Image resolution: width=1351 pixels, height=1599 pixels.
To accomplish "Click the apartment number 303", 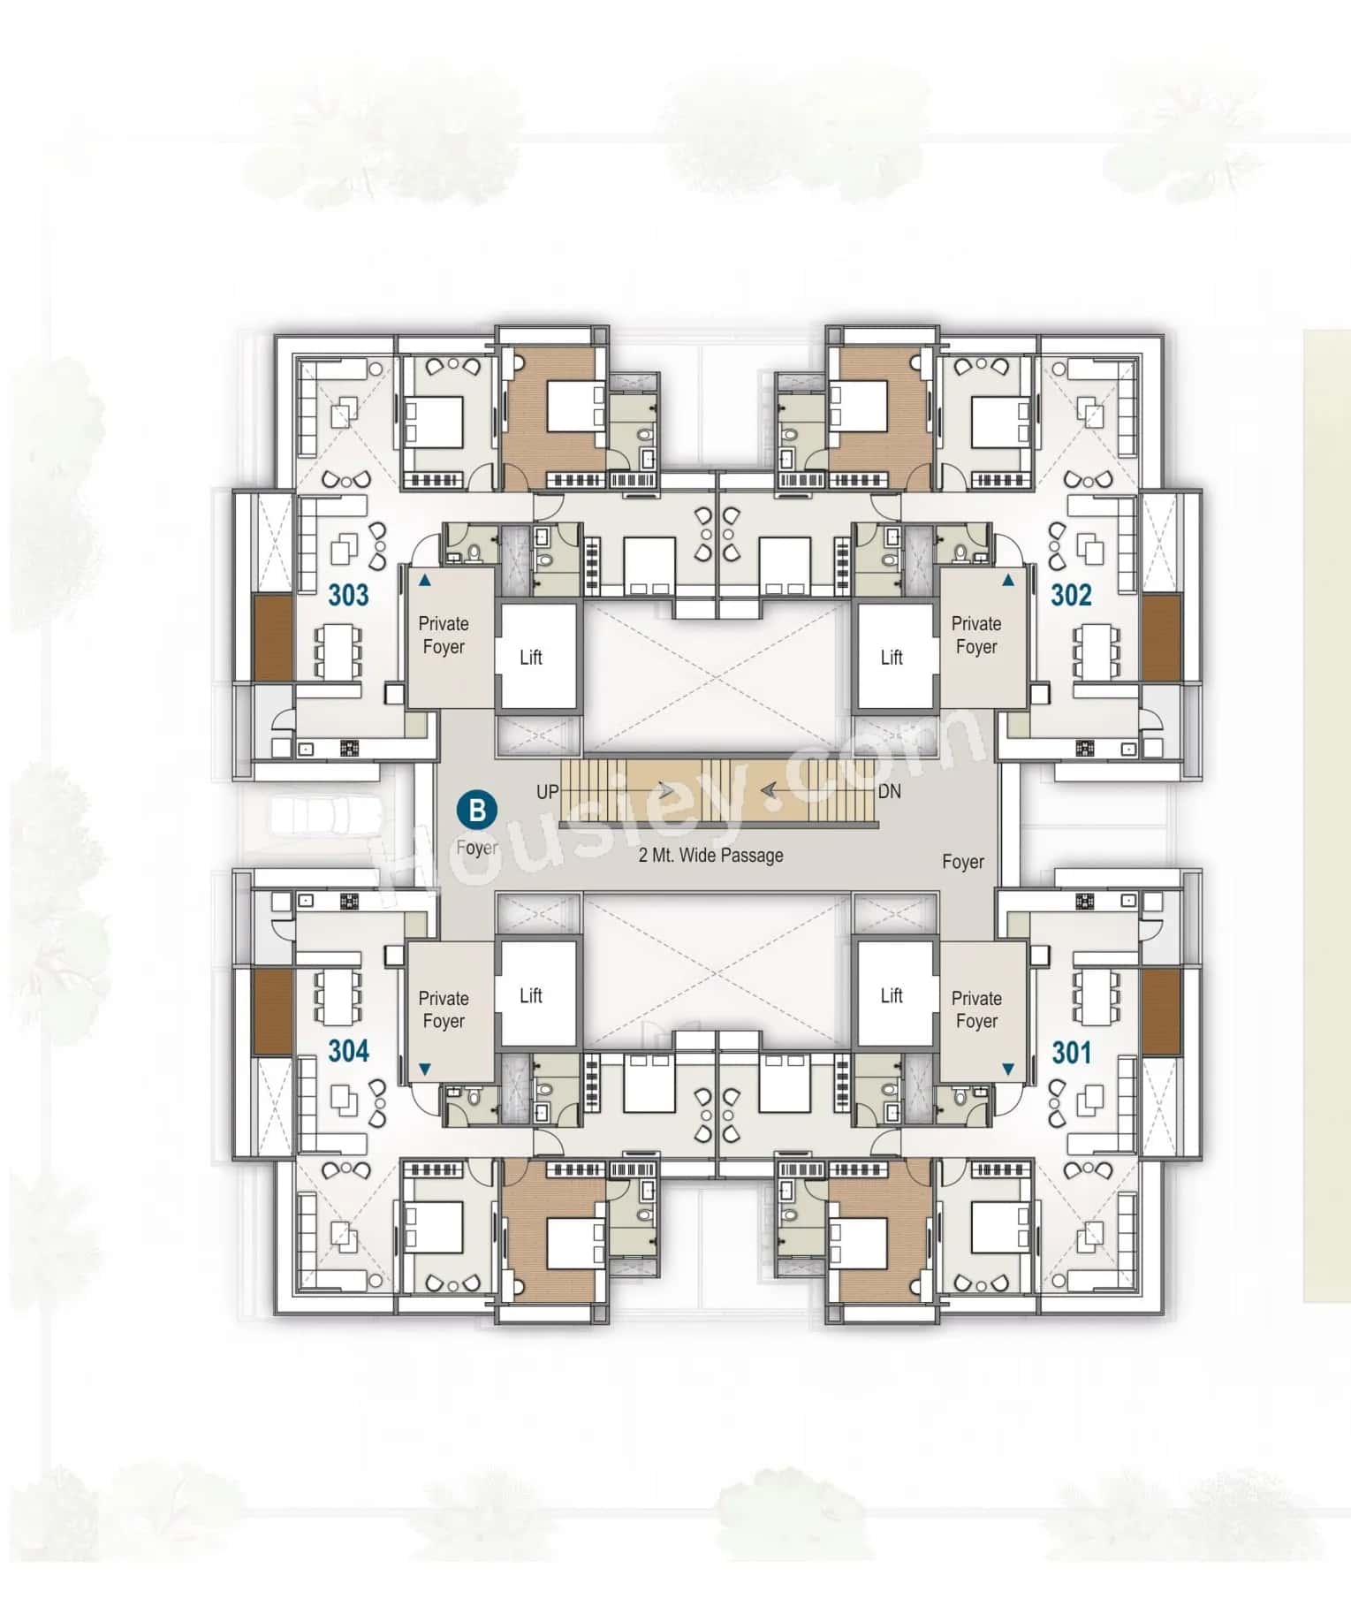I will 348,595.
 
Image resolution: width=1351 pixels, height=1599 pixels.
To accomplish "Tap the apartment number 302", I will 1071,595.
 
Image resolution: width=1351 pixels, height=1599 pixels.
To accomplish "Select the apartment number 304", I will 348,1051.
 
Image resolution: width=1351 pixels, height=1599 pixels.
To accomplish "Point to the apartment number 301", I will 1071,1052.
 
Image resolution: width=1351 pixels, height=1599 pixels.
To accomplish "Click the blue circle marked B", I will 477,810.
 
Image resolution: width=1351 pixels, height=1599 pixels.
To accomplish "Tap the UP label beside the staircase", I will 547,791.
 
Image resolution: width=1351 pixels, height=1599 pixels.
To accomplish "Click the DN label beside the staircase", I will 889,791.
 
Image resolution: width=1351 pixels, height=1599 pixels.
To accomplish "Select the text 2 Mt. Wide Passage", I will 710,855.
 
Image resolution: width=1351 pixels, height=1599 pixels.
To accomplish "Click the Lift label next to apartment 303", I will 530,657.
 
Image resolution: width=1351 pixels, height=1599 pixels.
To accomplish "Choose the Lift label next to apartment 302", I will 891,657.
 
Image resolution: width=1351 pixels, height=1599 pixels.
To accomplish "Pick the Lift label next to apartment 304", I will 530,995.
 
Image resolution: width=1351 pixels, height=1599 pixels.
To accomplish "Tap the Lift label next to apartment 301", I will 891,995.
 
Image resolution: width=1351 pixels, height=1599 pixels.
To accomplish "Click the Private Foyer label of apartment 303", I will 443,635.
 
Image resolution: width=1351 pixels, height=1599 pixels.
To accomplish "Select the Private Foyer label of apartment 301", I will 975,1009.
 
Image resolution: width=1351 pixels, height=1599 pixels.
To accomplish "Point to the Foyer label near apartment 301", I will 962,862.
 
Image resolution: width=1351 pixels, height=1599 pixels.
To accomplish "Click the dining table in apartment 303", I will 338,651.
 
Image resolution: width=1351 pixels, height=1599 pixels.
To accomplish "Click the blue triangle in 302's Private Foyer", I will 1008,581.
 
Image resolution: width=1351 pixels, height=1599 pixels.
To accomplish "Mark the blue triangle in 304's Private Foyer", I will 424,1070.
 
